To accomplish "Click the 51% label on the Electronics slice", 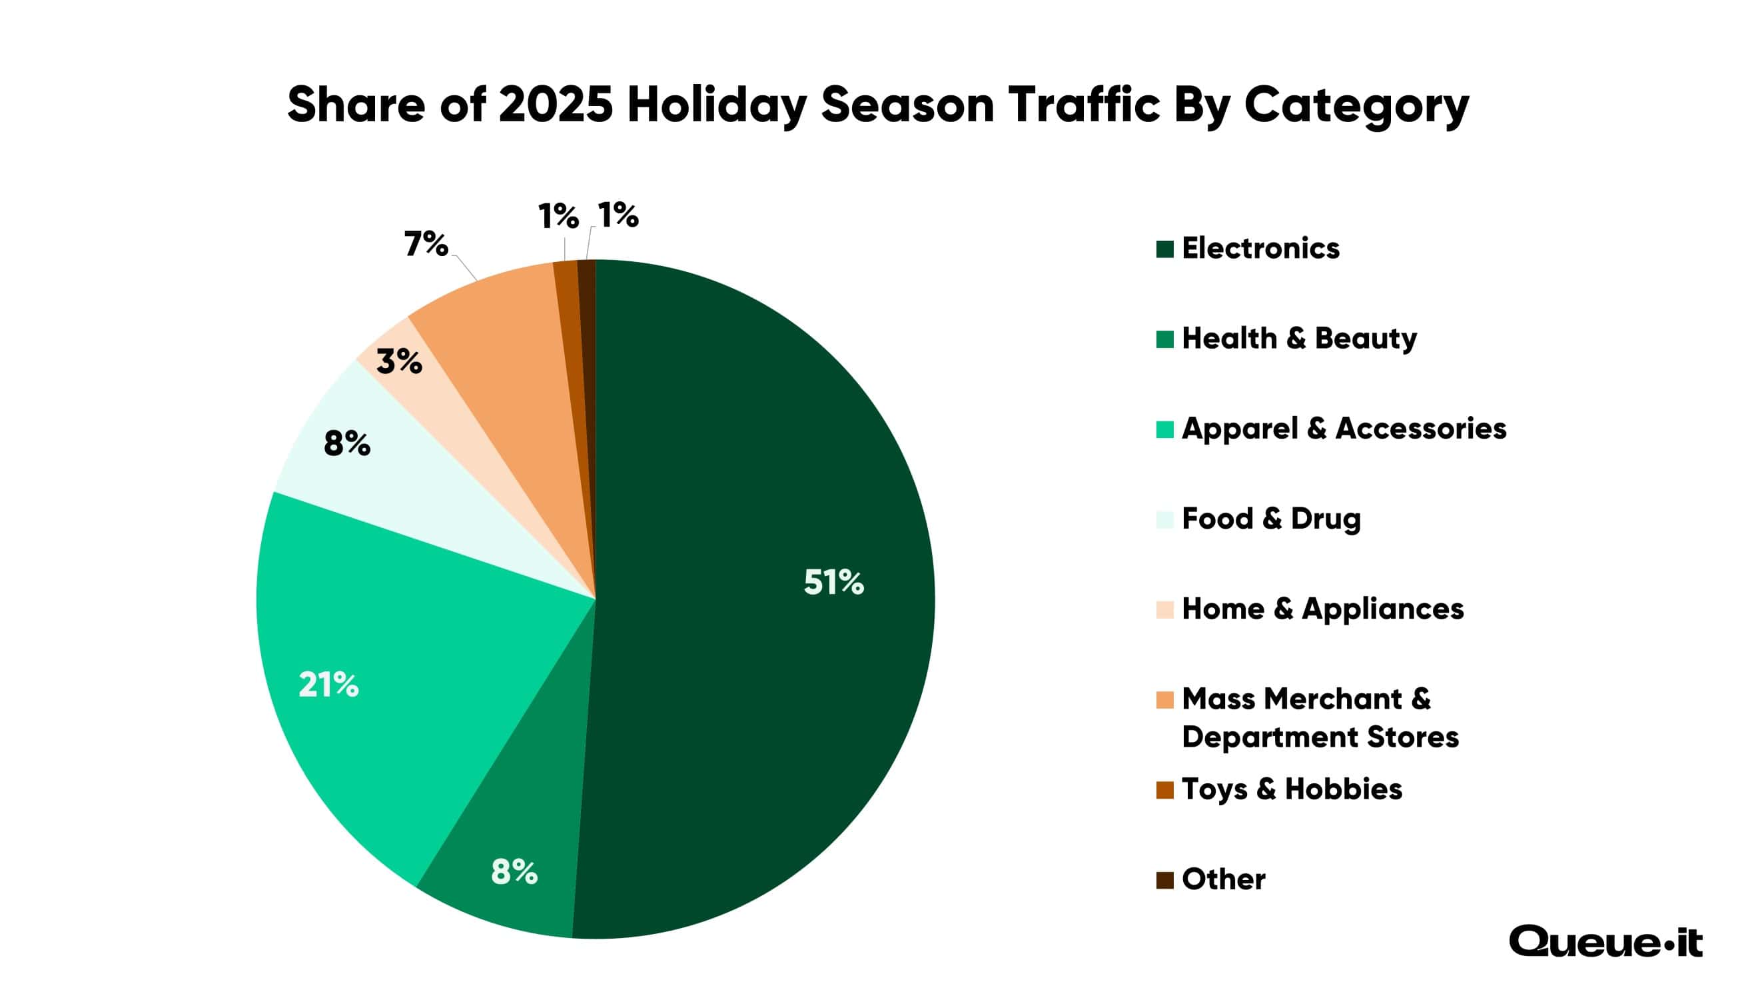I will [x=833, y=583].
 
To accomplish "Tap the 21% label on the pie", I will [x=328, y=685].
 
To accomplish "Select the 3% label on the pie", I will [x=399, y=361].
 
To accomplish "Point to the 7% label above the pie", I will [x=426, y=244].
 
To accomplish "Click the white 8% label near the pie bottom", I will [x=514, y=872].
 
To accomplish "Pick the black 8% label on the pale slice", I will [x=346, y=444].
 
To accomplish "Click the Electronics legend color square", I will [x=1165, y=249].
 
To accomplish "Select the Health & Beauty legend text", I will [x=1299, y=338].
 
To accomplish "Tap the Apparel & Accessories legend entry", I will [x=1343, y=428].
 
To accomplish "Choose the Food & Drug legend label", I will [x=1271, y=518].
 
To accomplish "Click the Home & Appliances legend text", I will [x=1322, y=609].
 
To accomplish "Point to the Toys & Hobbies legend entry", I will [x=1291, y=789].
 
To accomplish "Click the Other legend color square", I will [x=1165, y=880].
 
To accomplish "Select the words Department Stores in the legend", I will [x=1320, y=737].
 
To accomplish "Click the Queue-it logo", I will [x=1605, y=942].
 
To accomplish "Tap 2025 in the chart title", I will [x=556, y=105].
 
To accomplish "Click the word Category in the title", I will [x=1356, y=105].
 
